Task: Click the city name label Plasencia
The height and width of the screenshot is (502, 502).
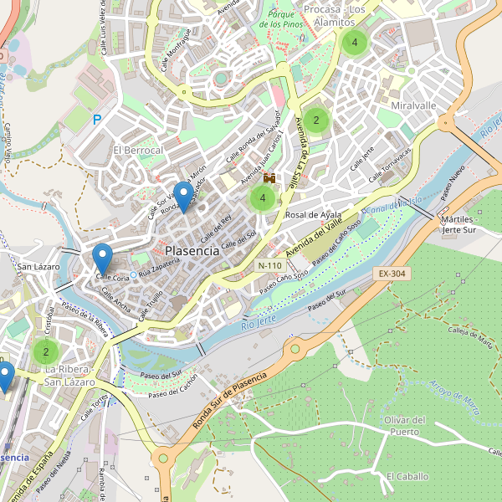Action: [x=192, y=250]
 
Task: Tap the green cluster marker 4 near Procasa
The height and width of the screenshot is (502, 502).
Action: [x=355, y=42]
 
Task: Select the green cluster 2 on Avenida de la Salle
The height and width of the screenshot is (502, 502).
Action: [x=316, y=120]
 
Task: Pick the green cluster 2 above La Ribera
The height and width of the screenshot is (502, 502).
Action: [x=46, y=351]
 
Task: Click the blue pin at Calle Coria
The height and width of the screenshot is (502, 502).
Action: [x=102, y=255]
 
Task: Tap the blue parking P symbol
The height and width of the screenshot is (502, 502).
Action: [x=97, y=120]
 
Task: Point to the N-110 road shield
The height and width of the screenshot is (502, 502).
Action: [x=269, y=265]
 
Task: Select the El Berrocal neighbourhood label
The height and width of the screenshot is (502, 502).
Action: [x=138, y=150]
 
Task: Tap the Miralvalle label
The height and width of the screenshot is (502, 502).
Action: [x=413, y=106]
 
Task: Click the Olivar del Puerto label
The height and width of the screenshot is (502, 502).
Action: [x=405, y=426]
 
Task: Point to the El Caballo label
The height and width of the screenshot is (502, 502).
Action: [x=407, y=476]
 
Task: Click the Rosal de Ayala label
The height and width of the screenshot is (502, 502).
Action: [x=314, y=215]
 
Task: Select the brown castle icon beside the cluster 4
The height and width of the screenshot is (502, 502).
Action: [x=269, y=178]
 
